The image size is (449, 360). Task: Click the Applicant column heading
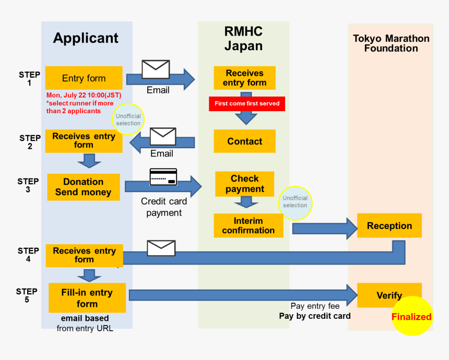86,38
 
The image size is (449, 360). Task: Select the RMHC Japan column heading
243,39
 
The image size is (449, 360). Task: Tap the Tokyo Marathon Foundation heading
391,43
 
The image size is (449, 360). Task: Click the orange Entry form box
84,78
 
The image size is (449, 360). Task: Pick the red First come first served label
247,103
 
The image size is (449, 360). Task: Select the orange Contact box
244,141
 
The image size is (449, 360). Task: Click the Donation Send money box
84,187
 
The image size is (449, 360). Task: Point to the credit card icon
163,177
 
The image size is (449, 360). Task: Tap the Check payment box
244,184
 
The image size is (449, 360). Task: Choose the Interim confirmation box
248,225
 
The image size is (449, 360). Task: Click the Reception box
389,226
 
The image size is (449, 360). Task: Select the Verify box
389,295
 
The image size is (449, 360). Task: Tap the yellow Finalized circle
411,316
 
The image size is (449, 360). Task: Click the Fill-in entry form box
87,298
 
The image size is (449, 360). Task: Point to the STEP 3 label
28,185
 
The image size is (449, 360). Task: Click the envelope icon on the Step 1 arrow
156,69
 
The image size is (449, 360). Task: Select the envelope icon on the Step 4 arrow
161,248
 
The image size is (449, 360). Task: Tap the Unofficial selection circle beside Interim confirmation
295,202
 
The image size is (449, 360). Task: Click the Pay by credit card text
315,316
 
